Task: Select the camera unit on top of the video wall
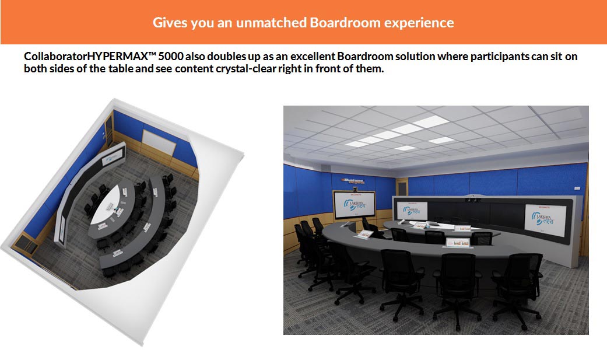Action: coord(473,199)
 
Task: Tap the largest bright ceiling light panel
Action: coord(430,122)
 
